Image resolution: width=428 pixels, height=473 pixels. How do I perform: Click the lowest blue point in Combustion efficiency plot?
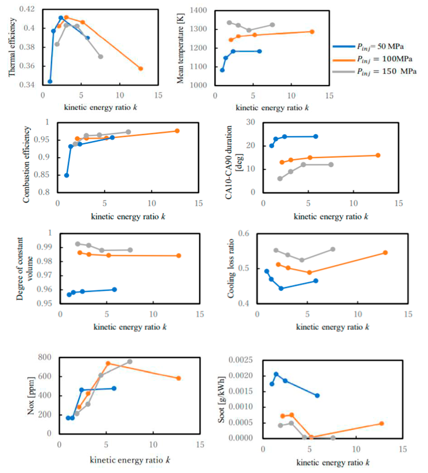(66, 175)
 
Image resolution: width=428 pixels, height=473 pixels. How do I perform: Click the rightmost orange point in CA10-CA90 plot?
(378, 156)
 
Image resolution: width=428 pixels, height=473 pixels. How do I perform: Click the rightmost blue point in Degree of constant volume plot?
(114, 290)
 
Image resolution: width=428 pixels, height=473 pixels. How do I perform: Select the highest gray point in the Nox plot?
(129, 362)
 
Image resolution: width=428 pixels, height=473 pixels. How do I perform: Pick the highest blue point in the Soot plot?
(276, 375)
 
